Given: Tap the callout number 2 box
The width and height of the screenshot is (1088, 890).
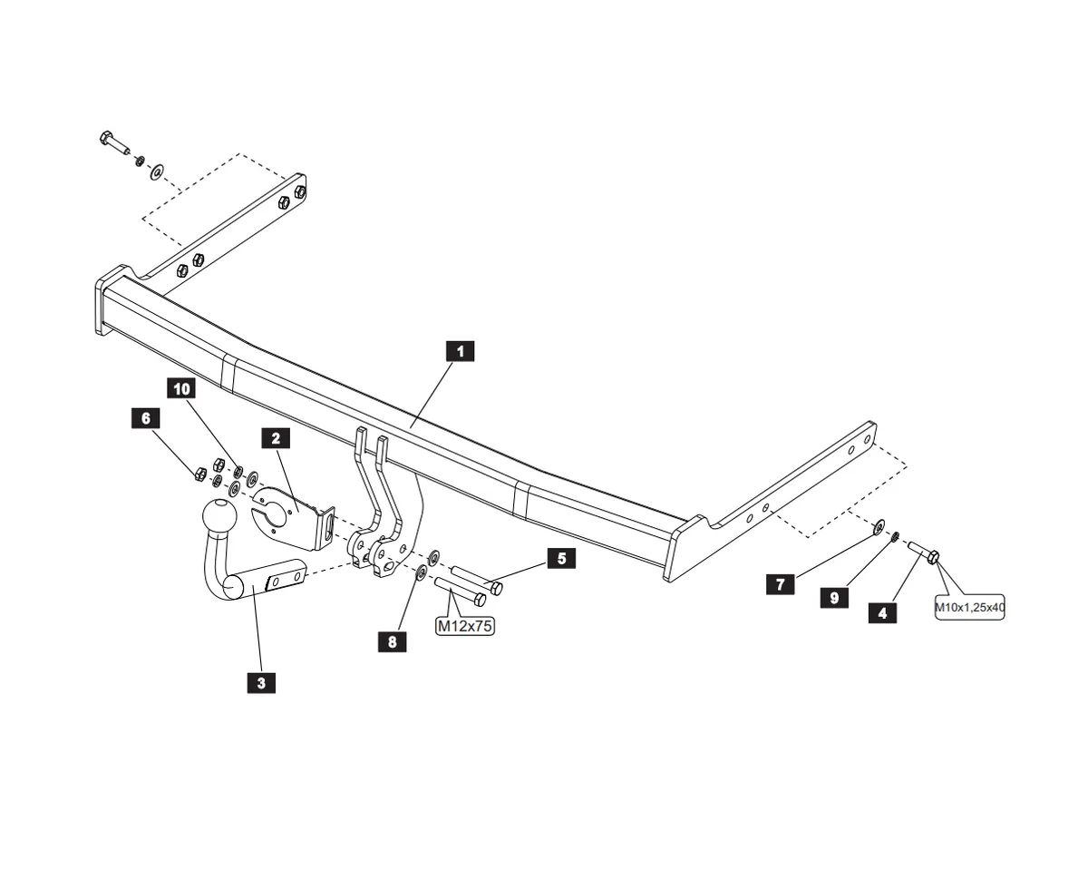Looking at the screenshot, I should coord(276,438).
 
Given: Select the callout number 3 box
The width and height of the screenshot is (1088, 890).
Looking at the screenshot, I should coord(261,682).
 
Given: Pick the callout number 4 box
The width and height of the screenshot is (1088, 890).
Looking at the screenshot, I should coord(882,613).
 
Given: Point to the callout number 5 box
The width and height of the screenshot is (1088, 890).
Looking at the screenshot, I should coord(561,559).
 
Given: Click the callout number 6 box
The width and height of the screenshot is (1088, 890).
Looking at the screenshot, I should coord(144,418).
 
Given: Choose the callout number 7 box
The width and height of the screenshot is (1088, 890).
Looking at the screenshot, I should coord(780,584).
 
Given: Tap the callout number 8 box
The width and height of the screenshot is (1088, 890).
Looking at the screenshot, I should coord(392,641).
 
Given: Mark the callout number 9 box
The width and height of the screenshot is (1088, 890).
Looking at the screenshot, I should coord(834,598).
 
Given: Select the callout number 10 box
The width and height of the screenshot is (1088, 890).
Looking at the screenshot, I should coord(182,389).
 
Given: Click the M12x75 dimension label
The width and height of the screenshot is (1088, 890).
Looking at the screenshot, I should coord(465,626).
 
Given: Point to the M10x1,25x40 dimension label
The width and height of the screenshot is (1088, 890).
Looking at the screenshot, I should coord(969,608).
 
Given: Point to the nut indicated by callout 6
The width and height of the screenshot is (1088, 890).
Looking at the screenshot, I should coord(200,473).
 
